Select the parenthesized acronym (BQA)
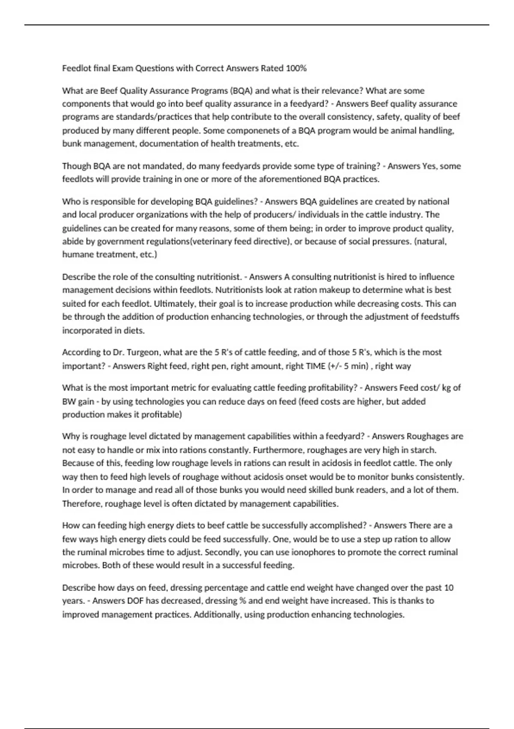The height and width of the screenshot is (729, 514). (x=241, y=90)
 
